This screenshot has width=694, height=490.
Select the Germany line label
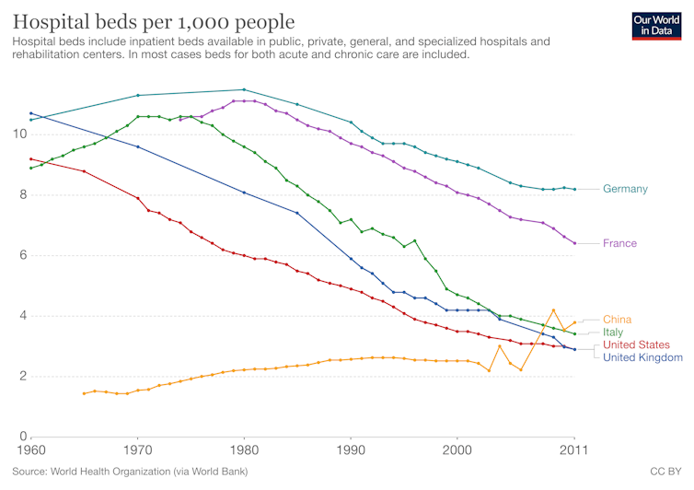(625, 189)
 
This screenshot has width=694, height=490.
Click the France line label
(619, 243)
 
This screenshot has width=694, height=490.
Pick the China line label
(617, 319)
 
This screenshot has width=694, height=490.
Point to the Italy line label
(614, 332)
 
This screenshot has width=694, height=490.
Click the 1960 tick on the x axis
(31, 449)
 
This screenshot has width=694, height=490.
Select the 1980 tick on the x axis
(244, 449)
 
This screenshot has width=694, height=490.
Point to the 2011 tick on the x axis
(574, 449)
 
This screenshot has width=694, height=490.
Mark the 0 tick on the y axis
(20, 437)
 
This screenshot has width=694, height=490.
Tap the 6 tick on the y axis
(20, 255)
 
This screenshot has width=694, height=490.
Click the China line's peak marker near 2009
(553, 310)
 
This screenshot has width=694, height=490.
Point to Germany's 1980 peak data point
(244, 89)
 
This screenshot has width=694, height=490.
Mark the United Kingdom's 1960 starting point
(31, 113)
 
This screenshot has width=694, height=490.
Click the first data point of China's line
(84, 393)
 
